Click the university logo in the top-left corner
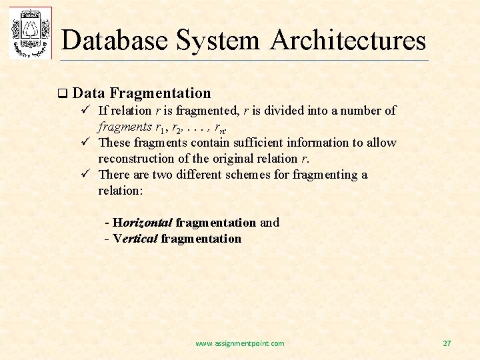click(30, 33)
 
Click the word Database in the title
click(114, 40)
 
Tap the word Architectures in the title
click(348, 40)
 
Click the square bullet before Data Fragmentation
click(63, 94)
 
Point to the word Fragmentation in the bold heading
click(160, 93)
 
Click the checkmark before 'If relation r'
click(85, 111)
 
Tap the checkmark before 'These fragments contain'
click(85, 143)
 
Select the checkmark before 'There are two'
click(85, 175)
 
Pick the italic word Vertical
click(136, 239)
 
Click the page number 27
click(447, 343)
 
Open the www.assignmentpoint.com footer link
click(239, 343)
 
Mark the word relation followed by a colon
click(121, 191)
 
